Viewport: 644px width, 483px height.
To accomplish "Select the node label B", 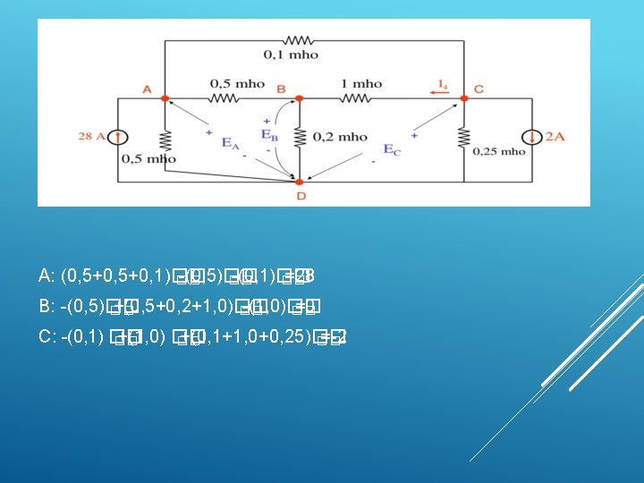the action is coord(281,89).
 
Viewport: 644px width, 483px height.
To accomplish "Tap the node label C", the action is coord(479,89).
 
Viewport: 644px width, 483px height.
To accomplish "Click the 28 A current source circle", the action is coord(119,137).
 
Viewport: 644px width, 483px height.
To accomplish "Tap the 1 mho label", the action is coord(360,83).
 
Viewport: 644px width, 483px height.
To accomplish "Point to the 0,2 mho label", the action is coord(339,137).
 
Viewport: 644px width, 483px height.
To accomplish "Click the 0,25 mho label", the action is coord(500,151).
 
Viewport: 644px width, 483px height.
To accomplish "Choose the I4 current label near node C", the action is coord(443,85).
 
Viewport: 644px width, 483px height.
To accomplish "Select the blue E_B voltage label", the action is coord(267,135).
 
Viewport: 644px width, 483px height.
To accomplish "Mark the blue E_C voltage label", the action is coord(392,149).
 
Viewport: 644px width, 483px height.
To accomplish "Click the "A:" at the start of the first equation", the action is coord(48,275).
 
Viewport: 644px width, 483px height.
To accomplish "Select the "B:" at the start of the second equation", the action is coord(48,307).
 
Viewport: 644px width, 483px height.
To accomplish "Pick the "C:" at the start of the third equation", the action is coord(48,337).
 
